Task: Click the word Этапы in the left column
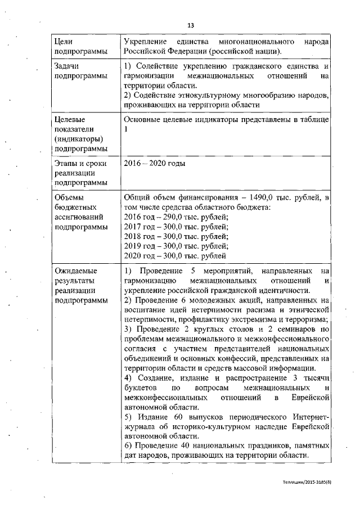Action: (x=66, y=164)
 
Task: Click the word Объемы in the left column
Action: (x=68, y=198)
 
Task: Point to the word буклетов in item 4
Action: (x=138, y=388)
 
